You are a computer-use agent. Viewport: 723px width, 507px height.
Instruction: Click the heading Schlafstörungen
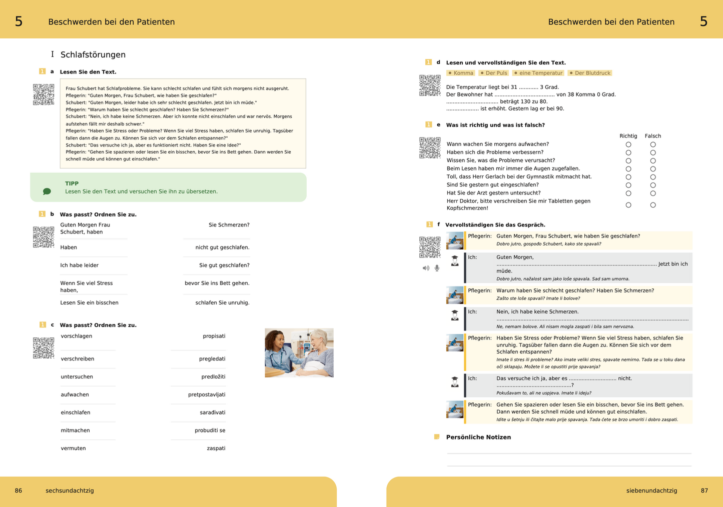[x=93, y=54]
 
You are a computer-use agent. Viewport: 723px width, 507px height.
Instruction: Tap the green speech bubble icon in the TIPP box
[x=47, y=191]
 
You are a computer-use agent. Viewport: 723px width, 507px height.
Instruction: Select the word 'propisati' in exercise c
[x=214, y=336]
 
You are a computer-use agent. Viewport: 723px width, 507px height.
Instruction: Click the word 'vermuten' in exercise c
[x=74, y=448]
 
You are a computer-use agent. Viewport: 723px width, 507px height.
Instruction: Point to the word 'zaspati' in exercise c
[x=216, y=448]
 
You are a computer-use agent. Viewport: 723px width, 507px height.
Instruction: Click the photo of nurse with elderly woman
[x=299, y=352]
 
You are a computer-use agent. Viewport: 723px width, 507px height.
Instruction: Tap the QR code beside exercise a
[x=44, y=94]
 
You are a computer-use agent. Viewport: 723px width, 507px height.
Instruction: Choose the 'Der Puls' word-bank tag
[x=493, y=73]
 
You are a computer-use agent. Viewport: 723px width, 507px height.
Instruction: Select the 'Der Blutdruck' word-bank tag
[x=590, y=73]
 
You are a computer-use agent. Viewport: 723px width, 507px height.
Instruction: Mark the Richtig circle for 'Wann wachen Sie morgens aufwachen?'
[x=628, y=144]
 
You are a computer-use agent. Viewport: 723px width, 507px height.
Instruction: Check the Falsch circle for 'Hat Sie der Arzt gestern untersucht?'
[x=653, y=193]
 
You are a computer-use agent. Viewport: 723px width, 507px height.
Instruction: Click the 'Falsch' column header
[x=653, y=136]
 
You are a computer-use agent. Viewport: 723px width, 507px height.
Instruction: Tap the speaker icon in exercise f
[x=426, y=268]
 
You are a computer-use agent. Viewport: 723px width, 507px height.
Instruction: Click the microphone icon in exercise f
[x=437, y=268]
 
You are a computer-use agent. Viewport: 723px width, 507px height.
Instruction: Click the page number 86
[x=19, y=490]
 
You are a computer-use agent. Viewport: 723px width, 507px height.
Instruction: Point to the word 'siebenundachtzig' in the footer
[x=651, y=490]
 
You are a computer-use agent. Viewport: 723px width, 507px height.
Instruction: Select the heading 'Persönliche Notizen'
[x=478, y=437]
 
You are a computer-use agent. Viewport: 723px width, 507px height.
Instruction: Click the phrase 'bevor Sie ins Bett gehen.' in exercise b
[x=217, y=283]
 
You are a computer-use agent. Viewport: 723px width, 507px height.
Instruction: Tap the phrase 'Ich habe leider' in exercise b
[x=80, y=265]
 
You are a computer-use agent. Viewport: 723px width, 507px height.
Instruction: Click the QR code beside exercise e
[x=430, y=147]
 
